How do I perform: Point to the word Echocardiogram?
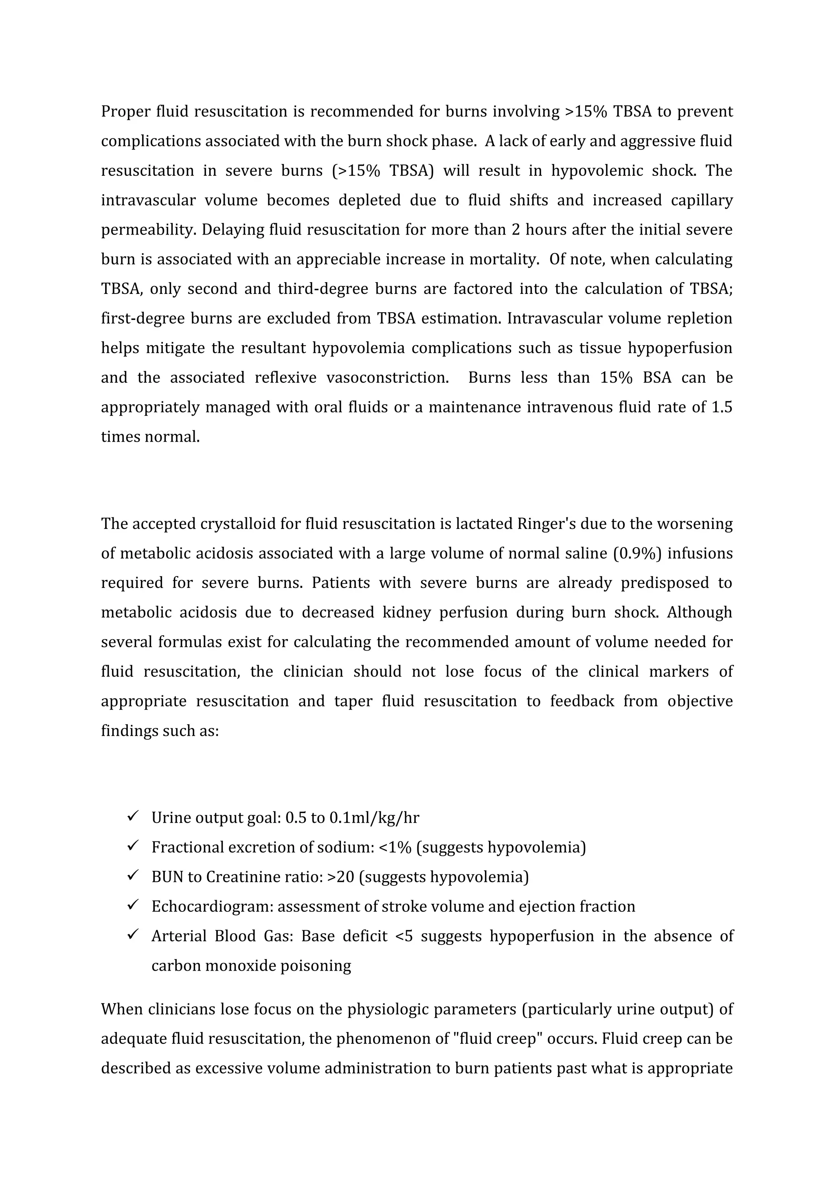212,906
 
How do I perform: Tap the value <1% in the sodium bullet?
395,847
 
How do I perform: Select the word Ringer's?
546,524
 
